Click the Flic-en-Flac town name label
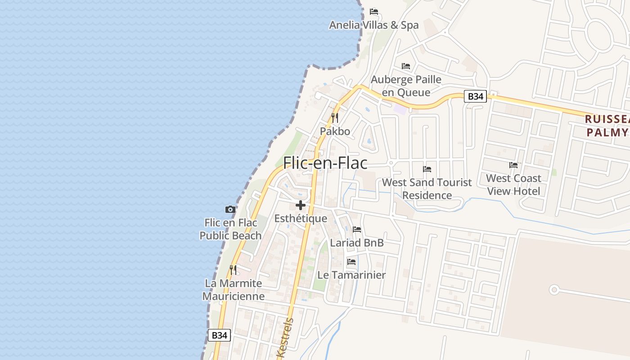tap(325, 163)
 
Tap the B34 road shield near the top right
tap(475, 96)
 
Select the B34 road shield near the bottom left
tap(219, 335)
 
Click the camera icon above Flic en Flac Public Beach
tap(230, 209)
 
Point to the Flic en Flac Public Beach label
tap(230, 229)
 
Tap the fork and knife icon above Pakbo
tap(335, 118)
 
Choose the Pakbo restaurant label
tap(335, 131)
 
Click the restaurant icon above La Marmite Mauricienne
tap(233, 270)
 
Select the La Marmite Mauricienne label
tap(233, 290)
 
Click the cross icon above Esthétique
tap(301, 206)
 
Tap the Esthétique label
tap(301, 219)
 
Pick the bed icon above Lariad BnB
tap(357, 229)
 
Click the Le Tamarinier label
tap(351, 275)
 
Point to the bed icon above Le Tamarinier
tap(351, 262)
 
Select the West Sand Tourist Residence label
tap(427, 189)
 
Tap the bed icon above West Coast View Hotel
tap(513, 165)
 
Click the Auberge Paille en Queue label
tap(406, 86)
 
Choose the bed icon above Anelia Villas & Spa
tap(374, 12)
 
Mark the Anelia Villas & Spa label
tap(374, 25)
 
